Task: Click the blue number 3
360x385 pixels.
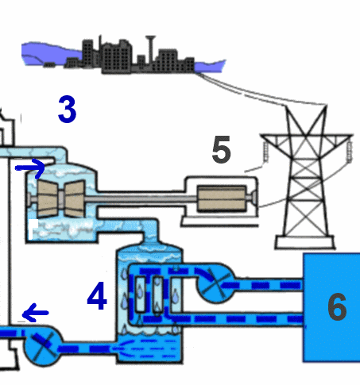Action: tap(68, 109)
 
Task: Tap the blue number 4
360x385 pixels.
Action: tap(97, 295)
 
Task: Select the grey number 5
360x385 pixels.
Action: tap(222, 149)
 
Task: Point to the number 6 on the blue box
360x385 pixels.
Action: tap(337, 306)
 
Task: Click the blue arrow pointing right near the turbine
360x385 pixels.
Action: tap(30, 168)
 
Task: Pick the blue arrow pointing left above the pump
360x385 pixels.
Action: tap(35, 313)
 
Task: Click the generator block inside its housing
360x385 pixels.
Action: tap(222, 198)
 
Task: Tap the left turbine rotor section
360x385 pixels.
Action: tap(48, 198)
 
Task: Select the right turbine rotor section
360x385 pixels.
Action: tap(75, 198)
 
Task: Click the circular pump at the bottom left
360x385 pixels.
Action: tap(43, 346)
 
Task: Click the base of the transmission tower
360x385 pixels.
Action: tap(304, 242)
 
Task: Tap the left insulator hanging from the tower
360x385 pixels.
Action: tap(265, 152)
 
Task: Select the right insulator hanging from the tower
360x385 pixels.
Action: tap(350, 152)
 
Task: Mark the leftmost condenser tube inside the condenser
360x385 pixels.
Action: tap(140, 295)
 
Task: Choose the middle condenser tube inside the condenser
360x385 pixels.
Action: tap(157, 295)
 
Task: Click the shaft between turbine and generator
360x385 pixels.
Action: tap(141, 198)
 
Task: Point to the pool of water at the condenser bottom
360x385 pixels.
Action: tap(149, 348)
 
